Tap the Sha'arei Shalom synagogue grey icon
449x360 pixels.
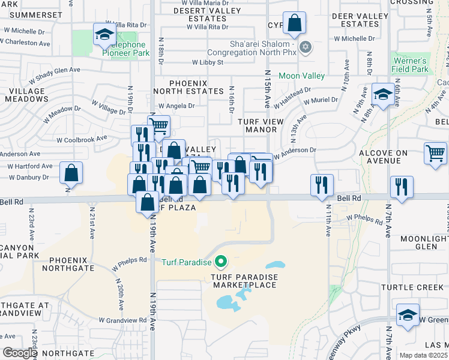306,47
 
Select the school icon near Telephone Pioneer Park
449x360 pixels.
104,35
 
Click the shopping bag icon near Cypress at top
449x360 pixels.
294,24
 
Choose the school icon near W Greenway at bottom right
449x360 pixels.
408,316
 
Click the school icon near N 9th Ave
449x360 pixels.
382,95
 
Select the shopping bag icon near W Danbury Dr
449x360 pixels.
71,173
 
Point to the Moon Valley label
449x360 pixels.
301,76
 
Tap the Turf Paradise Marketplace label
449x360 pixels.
244,281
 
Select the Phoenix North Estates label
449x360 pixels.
188,87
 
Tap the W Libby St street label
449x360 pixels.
208,62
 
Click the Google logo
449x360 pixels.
20,353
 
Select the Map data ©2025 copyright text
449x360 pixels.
424,355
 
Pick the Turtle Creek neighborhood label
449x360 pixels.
412,287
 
